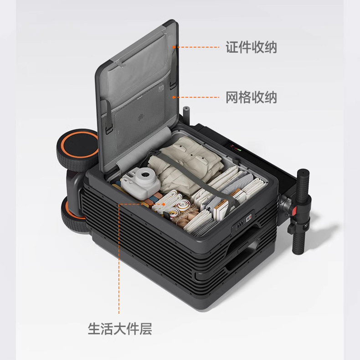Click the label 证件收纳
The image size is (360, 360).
click(251, 47)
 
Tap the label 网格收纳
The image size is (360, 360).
click(251, 97)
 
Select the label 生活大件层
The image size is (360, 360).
click(120, 329)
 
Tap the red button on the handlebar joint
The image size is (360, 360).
click(295, 211)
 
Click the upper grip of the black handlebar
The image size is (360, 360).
click(303, 186)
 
